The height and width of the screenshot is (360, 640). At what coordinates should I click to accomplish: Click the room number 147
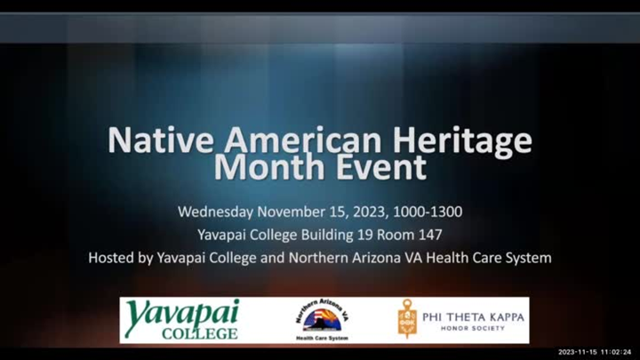pos(429,235)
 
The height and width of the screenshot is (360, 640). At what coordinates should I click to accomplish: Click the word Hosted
pos(113,258)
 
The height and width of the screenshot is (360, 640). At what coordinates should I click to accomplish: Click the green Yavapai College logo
pos(182,320)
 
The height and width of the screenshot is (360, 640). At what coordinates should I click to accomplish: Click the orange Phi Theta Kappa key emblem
pos(407,318)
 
